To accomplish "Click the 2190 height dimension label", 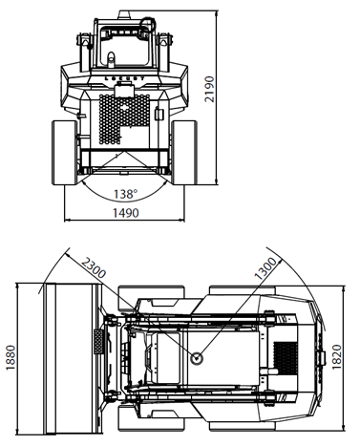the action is pyautogui.click(x=209, y=89).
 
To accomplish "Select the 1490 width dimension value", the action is pyautogui.click(x=126, y=213).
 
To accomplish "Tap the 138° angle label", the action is pyautogui.click(x=126, y=194).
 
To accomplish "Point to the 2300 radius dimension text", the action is pyautogui.click(x=94, y=267).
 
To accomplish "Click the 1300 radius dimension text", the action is pyautogui.click(x=265, y=268).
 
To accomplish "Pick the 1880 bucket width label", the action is pyautogui.click(x=11, y=357).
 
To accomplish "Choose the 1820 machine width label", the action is pyautogui.click(x=336, y=357).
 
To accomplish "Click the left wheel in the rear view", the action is pyautogui.click(x=64, y=153).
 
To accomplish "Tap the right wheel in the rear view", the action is pyautogui.click(x=184, y=153).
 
